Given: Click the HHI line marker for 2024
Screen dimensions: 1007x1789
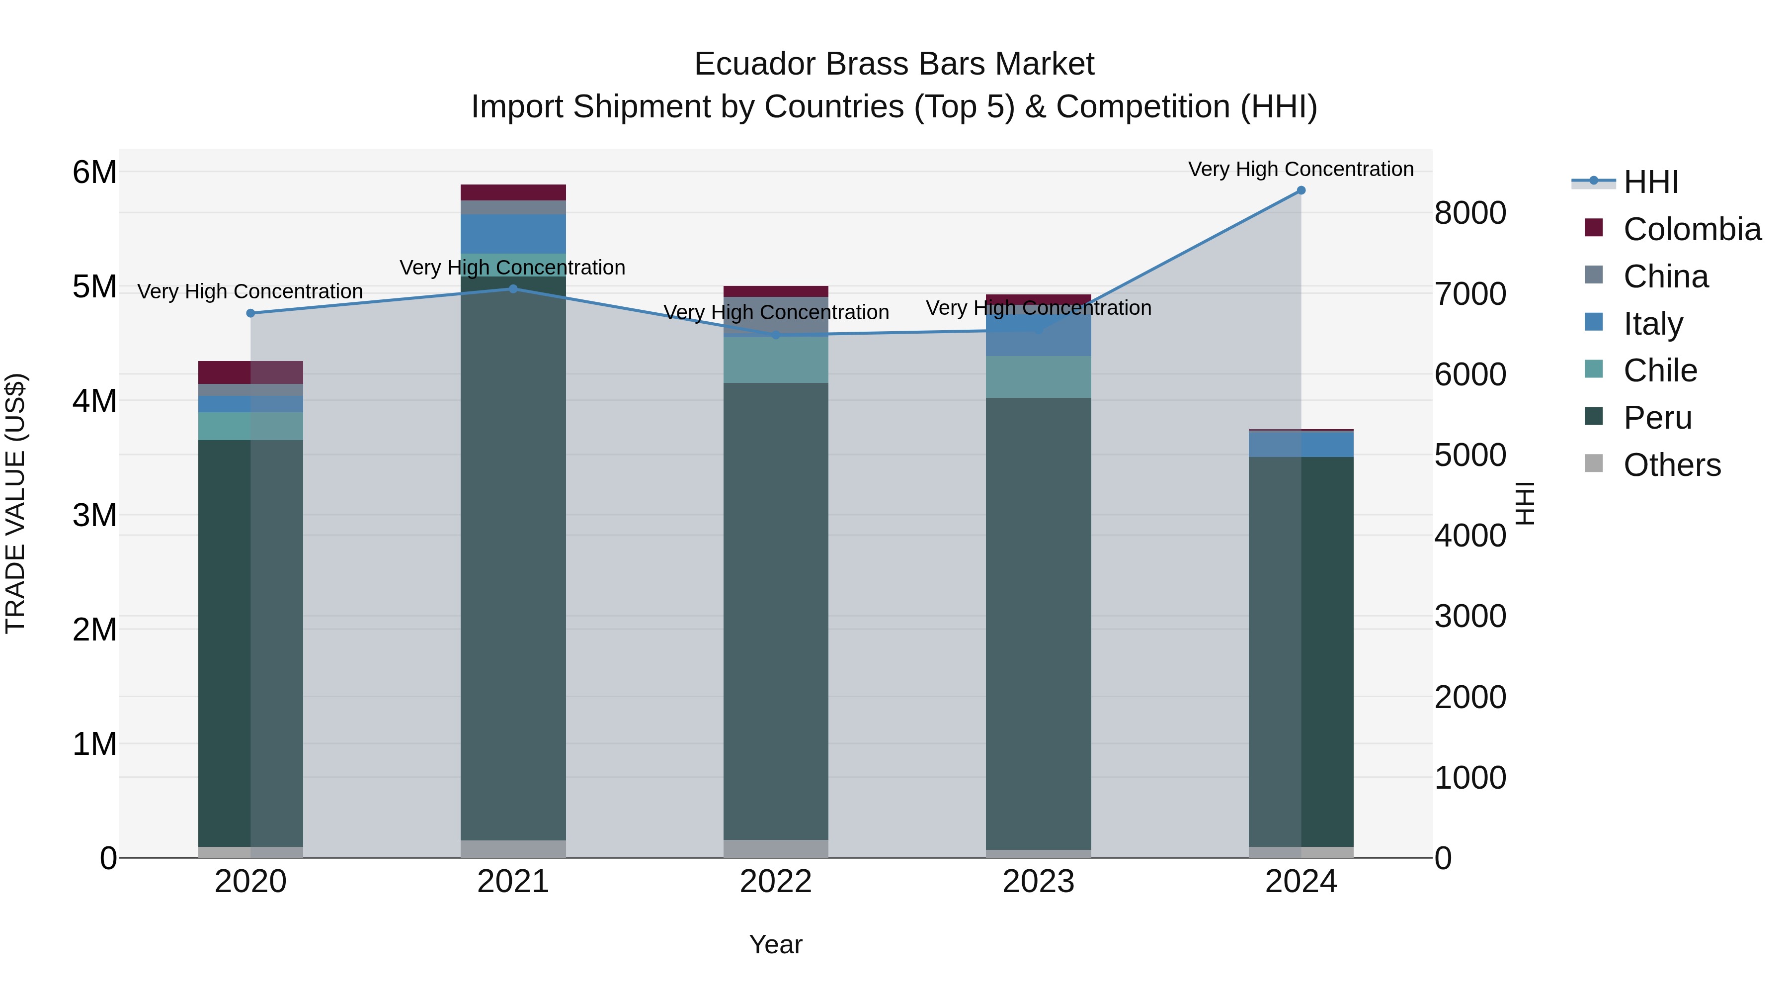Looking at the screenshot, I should (1301, 190).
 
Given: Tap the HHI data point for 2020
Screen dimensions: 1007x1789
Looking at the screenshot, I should (251, 313).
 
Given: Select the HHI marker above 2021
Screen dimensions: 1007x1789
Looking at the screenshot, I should (513, 288).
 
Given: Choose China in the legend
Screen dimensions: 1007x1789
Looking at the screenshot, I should (1665, 276).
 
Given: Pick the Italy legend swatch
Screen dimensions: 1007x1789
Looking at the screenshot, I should (1594, 322).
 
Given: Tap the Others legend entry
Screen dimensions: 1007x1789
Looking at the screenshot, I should (1672, 465).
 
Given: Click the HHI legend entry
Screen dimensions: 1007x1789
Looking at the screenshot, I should (1651, 182).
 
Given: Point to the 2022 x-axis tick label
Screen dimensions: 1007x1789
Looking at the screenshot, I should (776, 882).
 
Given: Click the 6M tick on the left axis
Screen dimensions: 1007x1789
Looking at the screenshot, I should (95, 173).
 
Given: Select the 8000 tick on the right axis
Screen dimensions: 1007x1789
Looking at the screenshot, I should (1470, 213).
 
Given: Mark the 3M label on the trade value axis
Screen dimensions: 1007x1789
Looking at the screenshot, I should (95, 516).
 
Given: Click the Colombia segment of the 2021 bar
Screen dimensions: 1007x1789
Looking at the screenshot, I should (513, 192).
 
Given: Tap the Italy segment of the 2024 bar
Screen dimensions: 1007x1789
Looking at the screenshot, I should (1301, 444).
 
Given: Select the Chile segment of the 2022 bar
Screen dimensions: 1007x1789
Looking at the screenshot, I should (776, 360).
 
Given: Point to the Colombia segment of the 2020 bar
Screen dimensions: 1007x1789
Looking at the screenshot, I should (251, 372).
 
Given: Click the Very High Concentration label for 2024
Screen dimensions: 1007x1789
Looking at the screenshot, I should (1301, 170).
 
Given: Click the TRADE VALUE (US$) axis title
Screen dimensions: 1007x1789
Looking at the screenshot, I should (15, 503).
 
